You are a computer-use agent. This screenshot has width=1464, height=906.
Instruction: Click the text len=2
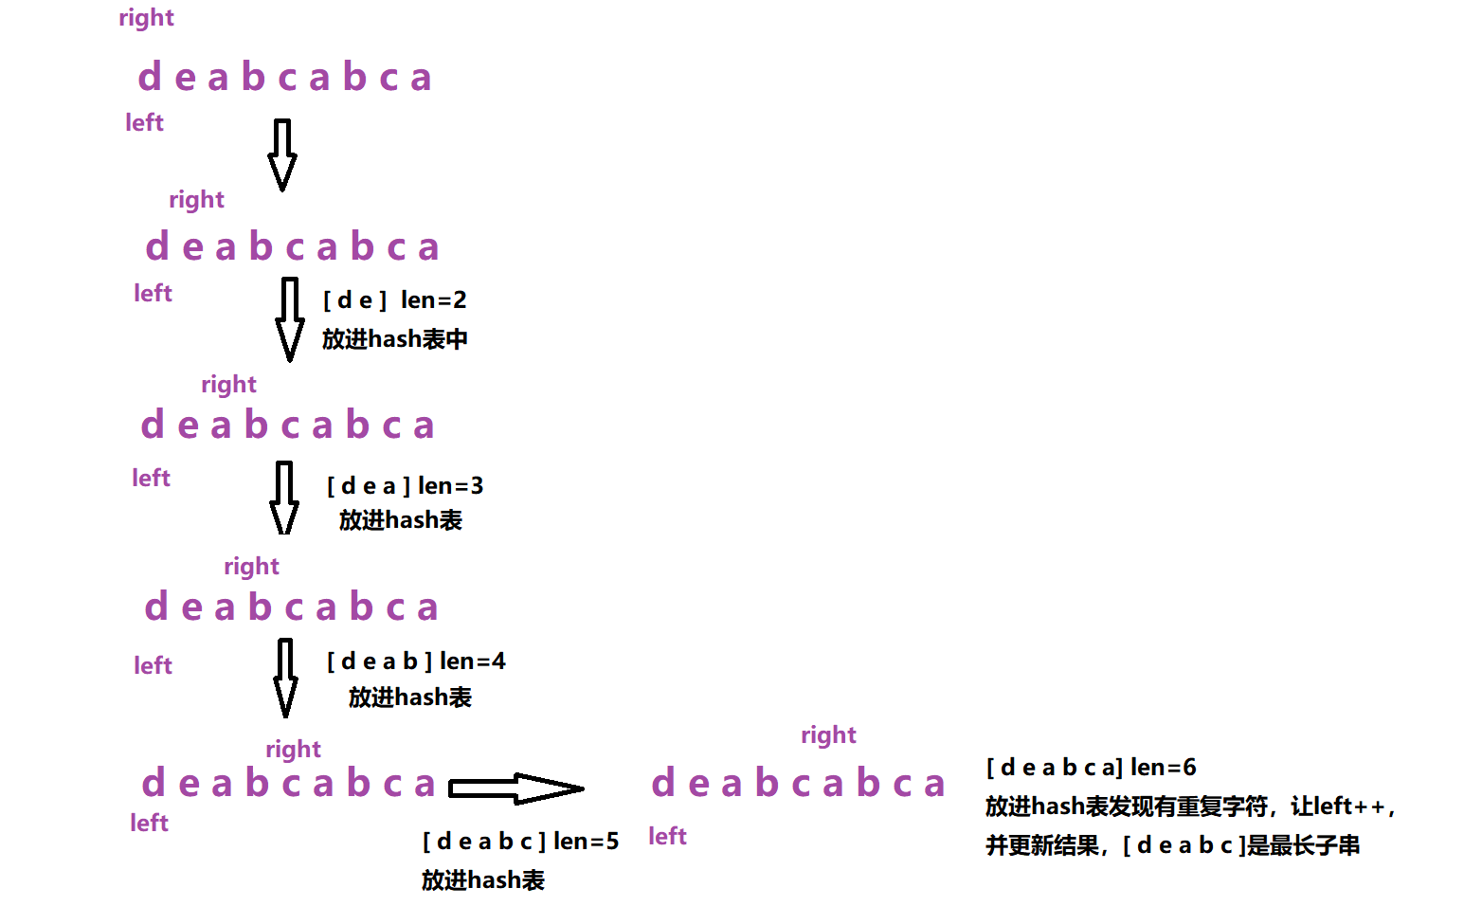point(433,300)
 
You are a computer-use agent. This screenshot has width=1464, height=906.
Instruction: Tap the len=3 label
point(450,486)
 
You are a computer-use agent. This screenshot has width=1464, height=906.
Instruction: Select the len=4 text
point(472,661)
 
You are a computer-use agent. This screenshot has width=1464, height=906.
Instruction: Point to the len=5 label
point(586,841)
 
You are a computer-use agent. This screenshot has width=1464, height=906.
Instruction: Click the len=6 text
point(1163,767)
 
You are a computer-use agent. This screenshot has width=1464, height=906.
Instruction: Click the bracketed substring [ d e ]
point(354,300)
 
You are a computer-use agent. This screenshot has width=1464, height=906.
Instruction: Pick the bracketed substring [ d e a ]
point(369,486)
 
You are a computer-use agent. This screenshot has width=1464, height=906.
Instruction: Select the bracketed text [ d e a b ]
point(379,661)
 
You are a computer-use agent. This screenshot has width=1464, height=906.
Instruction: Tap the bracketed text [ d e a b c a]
point(1054,767)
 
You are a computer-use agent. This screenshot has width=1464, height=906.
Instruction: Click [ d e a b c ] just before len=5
point(483,841)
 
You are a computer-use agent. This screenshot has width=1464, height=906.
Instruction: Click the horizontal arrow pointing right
point(515,788)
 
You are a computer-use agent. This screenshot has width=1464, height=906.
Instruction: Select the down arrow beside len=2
point(289,319)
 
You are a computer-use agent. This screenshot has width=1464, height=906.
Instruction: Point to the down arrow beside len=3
point(283,498)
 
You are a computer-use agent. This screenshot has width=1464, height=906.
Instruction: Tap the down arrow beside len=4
point(284,677)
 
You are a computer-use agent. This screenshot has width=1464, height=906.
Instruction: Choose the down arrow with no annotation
point(281,154)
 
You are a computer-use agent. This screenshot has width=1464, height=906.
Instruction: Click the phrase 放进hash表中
point(394,339)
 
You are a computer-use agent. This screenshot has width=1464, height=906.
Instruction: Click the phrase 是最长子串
point(1303,845)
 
